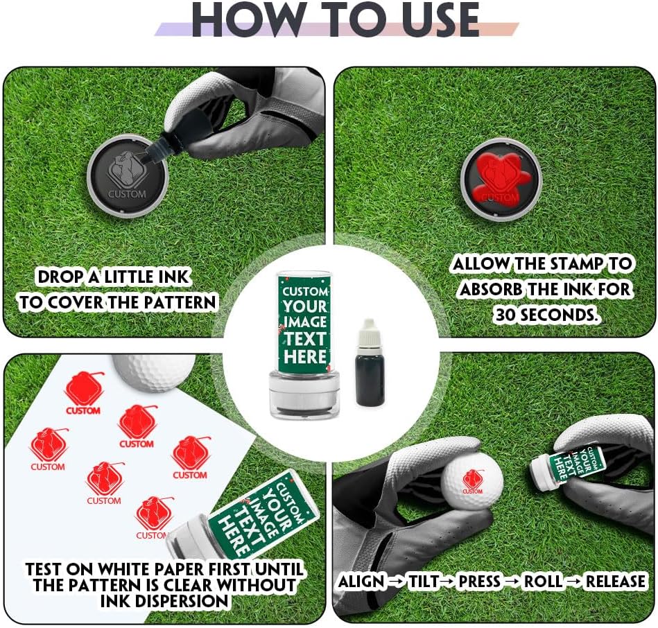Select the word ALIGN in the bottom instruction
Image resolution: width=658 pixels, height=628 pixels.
tap(361, 582)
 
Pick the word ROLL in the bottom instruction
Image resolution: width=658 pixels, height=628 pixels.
tap(542, 582)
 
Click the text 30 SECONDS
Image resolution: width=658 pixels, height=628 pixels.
tap(544, 314)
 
